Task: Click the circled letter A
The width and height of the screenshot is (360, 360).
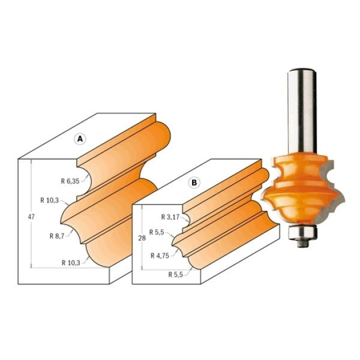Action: tap(80, 139)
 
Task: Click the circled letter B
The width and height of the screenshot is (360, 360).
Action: tap(194, 182)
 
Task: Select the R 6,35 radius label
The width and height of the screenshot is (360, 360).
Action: tap(70, 181)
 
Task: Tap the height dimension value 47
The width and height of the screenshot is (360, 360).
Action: tap(31, 217)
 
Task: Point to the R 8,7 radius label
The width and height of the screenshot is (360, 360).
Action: tap(57, 236)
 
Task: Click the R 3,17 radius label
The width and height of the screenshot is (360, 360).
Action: tap(170, 217)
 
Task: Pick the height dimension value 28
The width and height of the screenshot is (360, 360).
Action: tap(142, 238)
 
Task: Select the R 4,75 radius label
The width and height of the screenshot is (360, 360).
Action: tap(160, 256)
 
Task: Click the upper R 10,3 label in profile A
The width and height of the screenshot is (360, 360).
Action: tap(50, 200)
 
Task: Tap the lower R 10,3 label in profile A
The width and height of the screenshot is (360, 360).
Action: tap(71, 263)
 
